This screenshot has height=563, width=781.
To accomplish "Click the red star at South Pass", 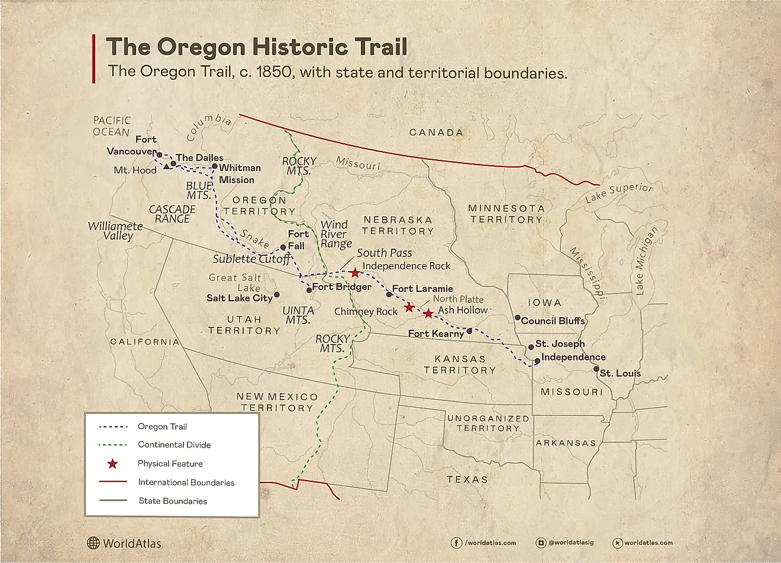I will coord(354,273).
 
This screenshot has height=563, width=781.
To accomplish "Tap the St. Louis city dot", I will coord(596,369).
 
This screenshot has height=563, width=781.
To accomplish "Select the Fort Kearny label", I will coord(436,334).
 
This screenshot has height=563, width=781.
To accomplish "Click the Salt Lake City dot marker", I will coord(277,294).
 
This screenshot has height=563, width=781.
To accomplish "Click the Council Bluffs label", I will coord(553,321).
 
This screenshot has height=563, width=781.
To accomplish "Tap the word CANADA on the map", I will coord(436,133).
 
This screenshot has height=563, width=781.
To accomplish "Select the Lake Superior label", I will coord(619,193).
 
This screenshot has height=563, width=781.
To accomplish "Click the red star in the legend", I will coord(112,464).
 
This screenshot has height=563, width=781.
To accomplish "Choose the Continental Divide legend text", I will coord(174,445).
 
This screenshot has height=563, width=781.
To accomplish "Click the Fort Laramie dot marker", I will coord(389,294).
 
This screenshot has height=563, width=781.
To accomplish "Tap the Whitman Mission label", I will coord(239,173).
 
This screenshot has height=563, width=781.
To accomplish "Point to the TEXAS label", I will coord(467,480).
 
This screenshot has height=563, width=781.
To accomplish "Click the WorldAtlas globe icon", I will coord(93,543).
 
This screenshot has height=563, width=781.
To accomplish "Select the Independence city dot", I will coord(537,361).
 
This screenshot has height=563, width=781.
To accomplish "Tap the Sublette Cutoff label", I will coord(251,259).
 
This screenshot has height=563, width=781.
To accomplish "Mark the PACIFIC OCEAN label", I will coord(111,126).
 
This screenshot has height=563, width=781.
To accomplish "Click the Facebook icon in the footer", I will coord(457,542).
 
